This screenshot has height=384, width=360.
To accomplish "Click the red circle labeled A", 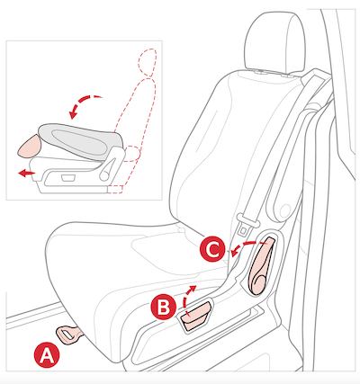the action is point(47,355).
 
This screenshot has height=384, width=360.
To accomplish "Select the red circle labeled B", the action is point(164,308).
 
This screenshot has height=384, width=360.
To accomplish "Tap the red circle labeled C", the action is point(212,249).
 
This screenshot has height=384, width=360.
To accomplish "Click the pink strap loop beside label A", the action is point(69,335).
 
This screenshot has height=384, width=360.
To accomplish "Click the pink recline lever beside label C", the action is point(261,265).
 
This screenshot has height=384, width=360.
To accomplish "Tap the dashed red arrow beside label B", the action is point(188,297).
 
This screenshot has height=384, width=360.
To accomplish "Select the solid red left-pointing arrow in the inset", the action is point(26,173).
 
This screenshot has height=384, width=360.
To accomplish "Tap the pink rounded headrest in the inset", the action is point(30,146).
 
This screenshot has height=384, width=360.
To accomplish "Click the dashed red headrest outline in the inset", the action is point(147,62).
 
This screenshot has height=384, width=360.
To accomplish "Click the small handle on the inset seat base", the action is point(67,178).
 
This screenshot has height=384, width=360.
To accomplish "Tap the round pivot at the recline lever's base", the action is point(258,283).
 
